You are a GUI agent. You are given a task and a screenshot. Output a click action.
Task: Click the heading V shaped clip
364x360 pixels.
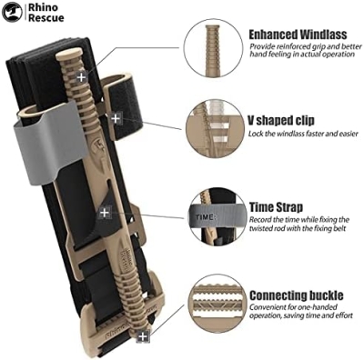coord(282,119)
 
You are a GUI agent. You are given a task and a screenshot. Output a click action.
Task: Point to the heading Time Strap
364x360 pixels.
coord(277,207)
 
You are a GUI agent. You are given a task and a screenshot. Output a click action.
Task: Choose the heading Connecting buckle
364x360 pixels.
coord(297,295)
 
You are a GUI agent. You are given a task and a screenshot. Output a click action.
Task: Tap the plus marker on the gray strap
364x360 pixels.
coord(116,118)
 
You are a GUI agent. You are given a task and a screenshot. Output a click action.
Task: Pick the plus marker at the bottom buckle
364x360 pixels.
coord(142,337)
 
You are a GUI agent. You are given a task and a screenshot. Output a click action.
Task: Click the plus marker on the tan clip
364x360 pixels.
coord(105,212)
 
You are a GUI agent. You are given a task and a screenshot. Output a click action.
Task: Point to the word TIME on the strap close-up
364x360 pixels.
coord(204,219)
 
